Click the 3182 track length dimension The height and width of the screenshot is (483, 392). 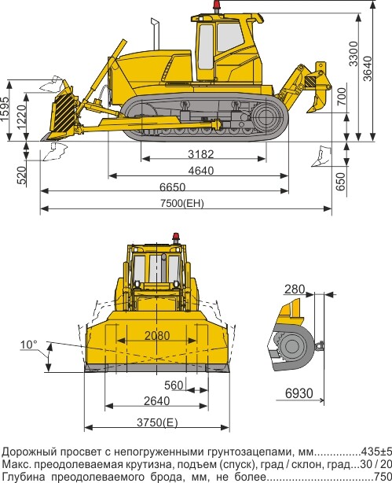pos(201,153)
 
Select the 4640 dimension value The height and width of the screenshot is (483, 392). pos(201,171)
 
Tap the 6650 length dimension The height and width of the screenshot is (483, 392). pos(172,187)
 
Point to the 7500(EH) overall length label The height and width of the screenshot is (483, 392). pos(182,203)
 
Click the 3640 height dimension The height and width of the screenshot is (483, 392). pos(368,68)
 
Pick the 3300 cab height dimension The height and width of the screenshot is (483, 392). pos(354,53)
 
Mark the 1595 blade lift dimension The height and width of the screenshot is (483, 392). pos(4,109)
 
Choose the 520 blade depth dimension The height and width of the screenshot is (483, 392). pos(21,175)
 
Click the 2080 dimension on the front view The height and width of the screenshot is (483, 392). pos(157,335)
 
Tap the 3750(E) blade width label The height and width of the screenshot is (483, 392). pos(157,422)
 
